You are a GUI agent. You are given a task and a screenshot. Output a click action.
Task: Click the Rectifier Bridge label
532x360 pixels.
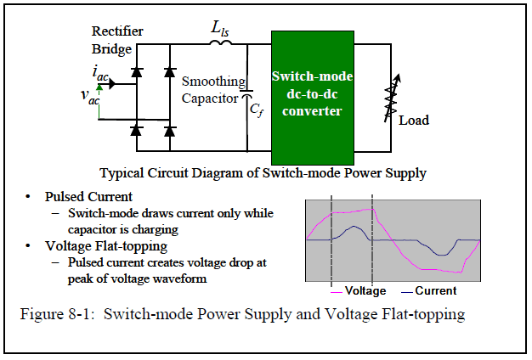click(x=118, y=39)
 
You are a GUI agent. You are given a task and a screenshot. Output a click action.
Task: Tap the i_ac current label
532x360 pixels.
click(x=100, y=75)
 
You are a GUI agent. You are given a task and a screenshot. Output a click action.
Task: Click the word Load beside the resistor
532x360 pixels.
click(x=414, y=120)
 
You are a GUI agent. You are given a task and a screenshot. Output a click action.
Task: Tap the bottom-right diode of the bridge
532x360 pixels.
click(x=169, y=130)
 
